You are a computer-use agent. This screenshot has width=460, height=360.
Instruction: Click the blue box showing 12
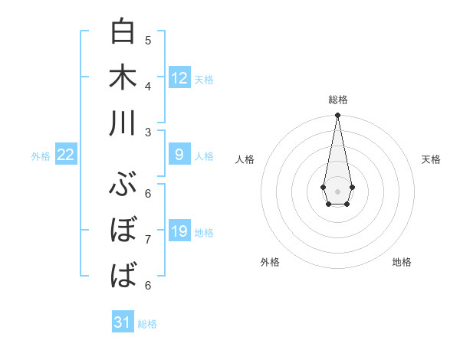pos(179,78)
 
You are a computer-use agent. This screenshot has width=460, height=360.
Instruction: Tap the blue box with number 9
pos(179,155)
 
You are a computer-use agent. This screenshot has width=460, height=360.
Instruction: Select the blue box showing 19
pos(179,231)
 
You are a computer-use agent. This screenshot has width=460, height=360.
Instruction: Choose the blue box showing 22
pos(66,155)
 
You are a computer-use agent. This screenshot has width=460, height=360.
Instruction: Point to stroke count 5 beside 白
pos(148,40)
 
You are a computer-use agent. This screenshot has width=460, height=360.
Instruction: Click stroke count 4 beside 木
pos(148,85)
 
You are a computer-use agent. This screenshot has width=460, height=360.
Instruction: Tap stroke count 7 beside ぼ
pos(148,239)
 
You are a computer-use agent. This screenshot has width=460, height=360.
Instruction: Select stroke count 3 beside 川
pos(148,131)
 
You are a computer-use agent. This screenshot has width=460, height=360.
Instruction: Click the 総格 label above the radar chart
pos(338,100)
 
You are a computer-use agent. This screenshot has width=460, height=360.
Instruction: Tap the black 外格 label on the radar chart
pos(270,262)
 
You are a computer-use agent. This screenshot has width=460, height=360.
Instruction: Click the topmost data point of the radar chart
pos(337,116)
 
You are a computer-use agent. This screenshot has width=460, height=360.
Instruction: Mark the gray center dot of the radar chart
pos(337,190)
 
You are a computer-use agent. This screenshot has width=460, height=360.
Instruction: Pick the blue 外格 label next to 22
pos(41,156)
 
